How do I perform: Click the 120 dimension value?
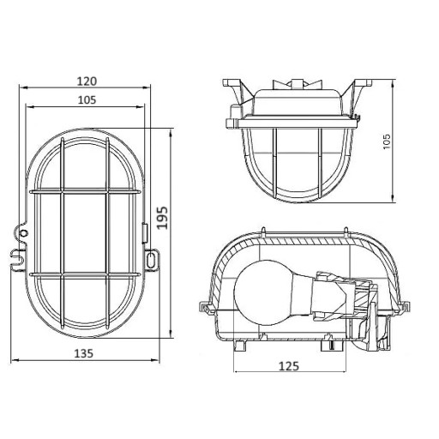[x=87, y=81]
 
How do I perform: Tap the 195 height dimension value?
[x=163, y=217]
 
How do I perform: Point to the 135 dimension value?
[x=84, y=353]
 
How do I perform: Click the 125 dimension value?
[x=289, y=366]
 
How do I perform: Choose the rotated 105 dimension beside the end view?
[x=386, y=141]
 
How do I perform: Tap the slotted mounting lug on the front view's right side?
[x=151, y=259]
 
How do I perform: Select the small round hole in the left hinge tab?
[x=23, y=233]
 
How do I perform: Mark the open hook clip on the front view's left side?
[x=18, y=259]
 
